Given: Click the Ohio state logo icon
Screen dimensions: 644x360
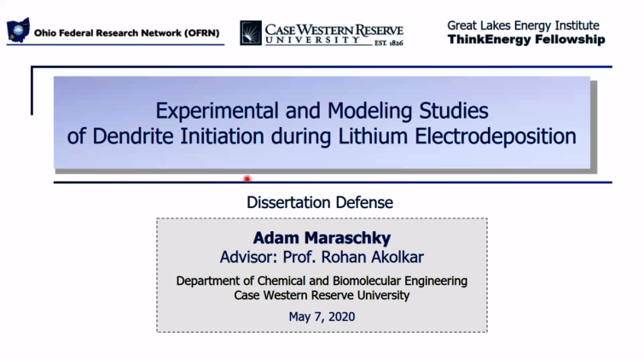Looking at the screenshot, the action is tap(18, 30).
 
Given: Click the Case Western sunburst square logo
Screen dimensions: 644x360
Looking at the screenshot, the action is tap(251, 33).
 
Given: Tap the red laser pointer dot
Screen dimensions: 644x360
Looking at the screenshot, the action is tap(247, 179).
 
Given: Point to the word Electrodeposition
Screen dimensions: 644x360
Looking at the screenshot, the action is tap(496, 136).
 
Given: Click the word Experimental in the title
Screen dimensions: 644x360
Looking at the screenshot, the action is tap(217, 111).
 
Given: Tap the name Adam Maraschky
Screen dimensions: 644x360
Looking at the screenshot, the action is tap(322, 238).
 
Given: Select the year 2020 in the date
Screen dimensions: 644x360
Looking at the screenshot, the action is tap(341, 316).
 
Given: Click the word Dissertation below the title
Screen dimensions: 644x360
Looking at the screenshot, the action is tap(288, 202).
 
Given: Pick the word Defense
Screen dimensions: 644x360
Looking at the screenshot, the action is tap(364, 202).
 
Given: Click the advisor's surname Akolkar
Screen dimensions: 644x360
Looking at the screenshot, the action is tap(397, 258).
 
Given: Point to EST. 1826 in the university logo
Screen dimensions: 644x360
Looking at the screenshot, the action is tap(389, 43).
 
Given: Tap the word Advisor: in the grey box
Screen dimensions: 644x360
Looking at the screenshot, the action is tap(249, 258).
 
